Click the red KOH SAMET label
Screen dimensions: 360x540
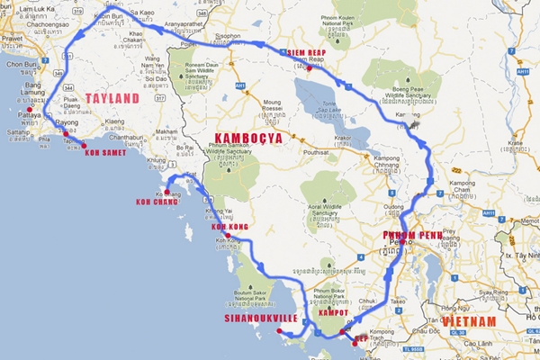pyautogui.click(x=105, y=153)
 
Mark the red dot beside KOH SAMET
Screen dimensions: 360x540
pyautogui.click(x=84, y=145)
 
